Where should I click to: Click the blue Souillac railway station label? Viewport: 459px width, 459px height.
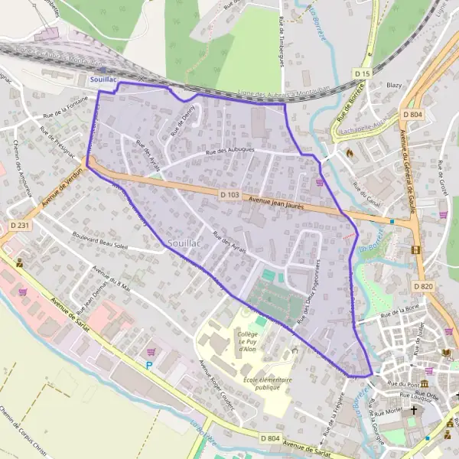[x=103, y=79]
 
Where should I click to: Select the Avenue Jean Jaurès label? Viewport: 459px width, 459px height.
[x=282, y=204]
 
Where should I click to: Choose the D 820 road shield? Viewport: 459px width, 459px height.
[x=423, y=285]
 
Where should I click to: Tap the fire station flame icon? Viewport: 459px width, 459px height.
[x=350, y=152]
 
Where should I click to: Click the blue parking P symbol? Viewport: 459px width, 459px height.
[x=150, y=366]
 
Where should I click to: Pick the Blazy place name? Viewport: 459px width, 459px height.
[x=395, y=86]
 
